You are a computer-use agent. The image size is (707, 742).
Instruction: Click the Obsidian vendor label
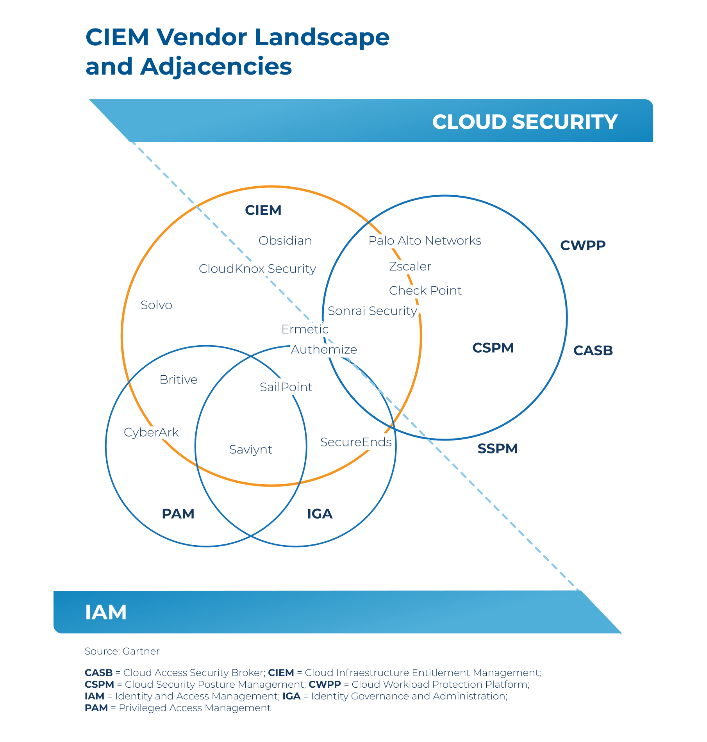pyautogui.click(x=285, y=241)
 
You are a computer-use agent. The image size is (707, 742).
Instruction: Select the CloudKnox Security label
pyautogui.click(x=257, y=269)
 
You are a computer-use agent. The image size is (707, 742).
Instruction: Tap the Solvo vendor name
pyautogui.click(x=156, y=305)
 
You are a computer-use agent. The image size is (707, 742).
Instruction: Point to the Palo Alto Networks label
pyautogui.click(x=425, y=241)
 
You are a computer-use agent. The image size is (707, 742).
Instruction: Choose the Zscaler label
pyautogui.click(x=410, y=266)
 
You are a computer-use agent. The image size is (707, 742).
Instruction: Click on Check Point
pyautogui.click(x=425, y=291)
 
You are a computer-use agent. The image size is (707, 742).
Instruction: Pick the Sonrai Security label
pyautogui.click(x=372, y=311)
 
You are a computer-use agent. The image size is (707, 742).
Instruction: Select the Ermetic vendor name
pyautogui.click(x=305, y=329)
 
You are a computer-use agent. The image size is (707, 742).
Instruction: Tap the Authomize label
pyautogui.click(x=324, y=350)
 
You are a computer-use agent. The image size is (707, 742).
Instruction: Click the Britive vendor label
pyautogui.click(x=179, y=380)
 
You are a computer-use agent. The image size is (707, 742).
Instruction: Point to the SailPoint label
pyautogui.click(x=286, y=387)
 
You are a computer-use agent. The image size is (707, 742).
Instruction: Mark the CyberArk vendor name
pyautogui.click(x=151, y=432)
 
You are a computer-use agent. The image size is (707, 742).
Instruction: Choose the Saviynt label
pyautogui.click(x=251, y=449)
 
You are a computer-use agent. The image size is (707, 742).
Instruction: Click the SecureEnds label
pyautogui.click(x=356, y=442)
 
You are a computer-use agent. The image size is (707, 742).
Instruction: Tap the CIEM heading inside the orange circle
pyautogui.click(x=263, y=210)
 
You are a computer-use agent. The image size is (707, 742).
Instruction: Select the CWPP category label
pyautogui.click(x=582, y=245)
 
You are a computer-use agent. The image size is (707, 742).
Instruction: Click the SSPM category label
pyautogui.click(x=497, y=448)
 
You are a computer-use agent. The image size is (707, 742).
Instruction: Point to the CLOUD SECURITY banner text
pyautogui.click(x=525, y=122)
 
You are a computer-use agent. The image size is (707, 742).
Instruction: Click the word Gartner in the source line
pyautogui.click(x=141, y=651)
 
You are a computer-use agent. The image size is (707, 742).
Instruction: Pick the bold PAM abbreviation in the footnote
pyautogui.click(x=96, y=708)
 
